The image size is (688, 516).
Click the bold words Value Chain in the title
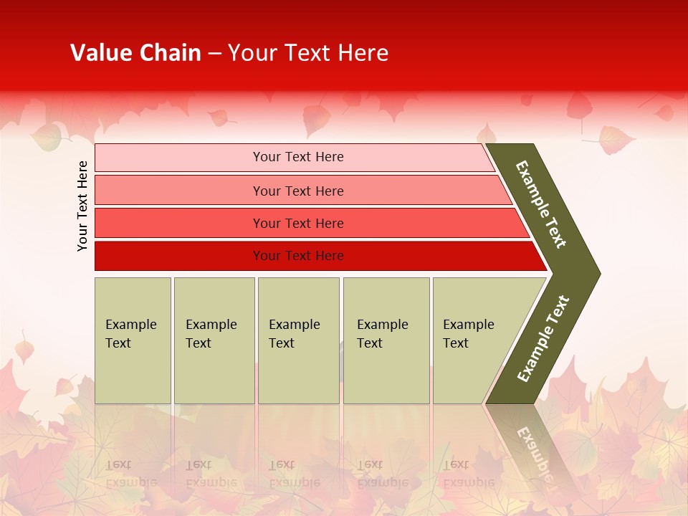(135, 53)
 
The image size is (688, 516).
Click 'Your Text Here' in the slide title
(308, 53)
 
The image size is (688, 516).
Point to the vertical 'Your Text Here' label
(82, 206)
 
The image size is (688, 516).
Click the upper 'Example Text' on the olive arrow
(541, 204)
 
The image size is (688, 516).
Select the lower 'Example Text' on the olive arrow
(543, 338)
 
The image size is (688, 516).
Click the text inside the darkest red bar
(298, 256)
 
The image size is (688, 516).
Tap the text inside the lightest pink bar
(298, 157)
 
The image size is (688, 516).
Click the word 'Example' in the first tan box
(130, 325)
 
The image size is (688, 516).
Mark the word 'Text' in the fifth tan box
(456, 343)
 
